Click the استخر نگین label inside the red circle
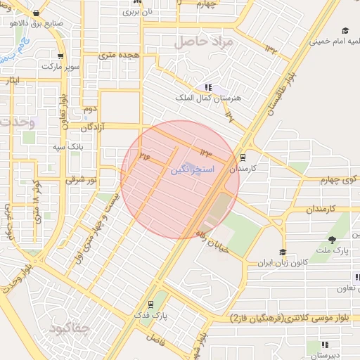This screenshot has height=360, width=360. [x=188, y=171]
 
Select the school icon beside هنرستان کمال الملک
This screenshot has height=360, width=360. [x=207, y=87]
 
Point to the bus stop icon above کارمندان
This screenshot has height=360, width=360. [x=243, y=157]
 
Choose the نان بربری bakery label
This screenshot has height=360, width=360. [x=137, y=12]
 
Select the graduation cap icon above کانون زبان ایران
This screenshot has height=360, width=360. [x=283, y=252]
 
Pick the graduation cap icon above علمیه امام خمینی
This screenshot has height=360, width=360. [x=345, y=30]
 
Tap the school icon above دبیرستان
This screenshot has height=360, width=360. [x=325, y=345]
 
